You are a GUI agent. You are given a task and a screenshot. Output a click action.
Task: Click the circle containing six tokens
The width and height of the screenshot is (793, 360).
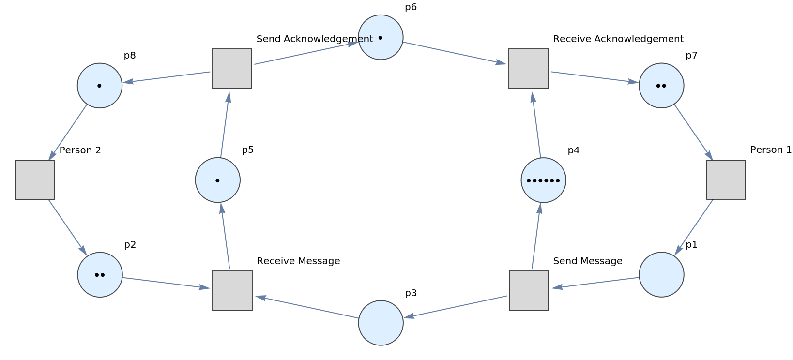click(x=543, y=180)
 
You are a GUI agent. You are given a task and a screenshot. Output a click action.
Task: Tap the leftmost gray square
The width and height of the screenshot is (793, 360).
click(x=35, y=180)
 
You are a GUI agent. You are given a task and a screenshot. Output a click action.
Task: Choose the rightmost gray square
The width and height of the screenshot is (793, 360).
click(x=725, y=180)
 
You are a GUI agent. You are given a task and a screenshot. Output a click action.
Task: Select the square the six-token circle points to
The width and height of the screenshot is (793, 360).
click(x=528, y=69)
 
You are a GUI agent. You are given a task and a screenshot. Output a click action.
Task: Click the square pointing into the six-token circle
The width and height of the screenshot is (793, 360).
click(x=528, y=290)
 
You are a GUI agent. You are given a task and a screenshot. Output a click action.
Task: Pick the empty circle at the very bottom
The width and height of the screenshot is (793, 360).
click(x=381, y=323)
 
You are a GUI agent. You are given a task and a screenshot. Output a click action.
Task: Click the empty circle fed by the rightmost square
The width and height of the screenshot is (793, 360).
click(x=661, y=274)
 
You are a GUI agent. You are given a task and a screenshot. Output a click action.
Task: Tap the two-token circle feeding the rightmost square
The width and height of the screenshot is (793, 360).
click(x=661, y=86)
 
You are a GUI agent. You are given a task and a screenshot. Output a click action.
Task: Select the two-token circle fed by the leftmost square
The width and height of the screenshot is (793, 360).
click(x=100, y=274)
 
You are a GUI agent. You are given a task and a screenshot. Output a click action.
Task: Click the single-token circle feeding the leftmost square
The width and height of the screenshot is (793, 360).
click(x=100, y=86)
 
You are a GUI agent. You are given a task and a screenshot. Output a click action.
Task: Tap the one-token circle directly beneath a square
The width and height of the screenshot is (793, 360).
click(x=217, y=180)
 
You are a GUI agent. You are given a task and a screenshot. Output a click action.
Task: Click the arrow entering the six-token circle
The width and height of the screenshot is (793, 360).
click(x=536, y=236)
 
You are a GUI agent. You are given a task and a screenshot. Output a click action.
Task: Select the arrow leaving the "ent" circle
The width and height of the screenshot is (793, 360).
click(x=455, y=53)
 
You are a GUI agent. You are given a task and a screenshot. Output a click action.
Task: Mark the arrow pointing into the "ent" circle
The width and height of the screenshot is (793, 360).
click(x=306, y=53)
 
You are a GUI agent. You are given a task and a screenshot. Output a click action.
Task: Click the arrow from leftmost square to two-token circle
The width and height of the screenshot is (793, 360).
click(x=68, y=228)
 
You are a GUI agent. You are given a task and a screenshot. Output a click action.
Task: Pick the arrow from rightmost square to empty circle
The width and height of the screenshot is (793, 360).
click(x=694, y=228)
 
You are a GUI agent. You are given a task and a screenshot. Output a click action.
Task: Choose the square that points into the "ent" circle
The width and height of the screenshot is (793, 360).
click(x=232, y=69)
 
